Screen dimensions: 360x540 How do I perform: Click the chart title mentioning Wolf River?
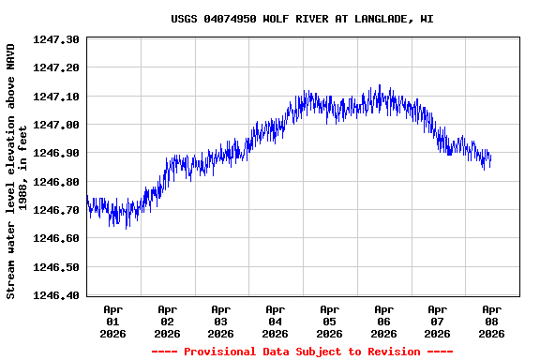[x=302, y=19]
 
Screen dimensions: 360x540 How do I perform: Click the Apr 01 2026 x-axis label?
[x=112, y=321]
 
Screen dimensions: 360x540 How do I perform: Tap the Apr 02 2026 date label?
[x=167, y=321]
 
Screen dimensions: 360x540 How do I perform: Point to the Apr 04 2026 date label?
[x=275, y=321]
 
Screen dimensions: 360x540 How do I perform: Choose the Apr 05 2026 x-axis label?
[x=329, y=321]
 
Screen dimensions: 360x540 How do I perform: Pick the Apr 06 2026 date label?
[x=383, y=321]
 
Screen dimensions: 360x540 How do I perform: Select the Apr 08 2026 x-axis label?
[x=491, y=321]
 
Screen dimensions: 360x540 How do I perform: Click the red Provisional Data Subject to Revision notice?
[x=302, y=352]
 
